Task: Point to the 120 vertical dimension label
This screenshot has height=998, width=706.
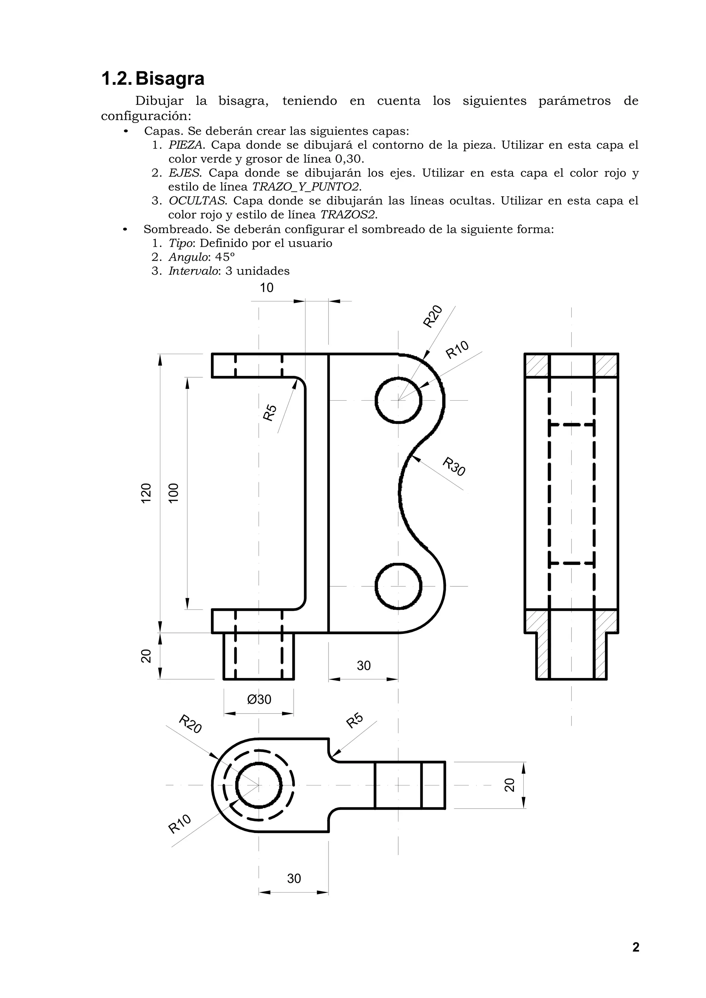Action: coord(147,493)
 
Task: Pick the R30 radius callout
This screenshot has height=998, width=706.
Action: coord(454,466)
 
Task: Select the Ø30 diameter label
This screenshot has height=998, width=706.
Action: coord(259,699)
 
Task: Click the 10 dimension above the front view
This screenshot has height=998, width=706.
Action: coord(267,288)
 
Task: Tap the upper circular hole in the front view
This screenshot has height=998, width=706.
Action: coord(398,400)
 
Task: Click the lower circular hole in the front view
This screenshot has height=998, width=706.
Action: coord(398,586)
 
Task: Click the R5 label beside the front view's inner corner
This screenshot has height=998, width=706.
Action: coord(270,412)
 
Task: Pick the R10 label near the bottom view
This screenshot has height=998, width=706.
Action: coord(180,824)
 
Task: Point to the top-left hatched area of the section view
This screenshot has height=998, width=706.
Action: coord(537,366)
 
